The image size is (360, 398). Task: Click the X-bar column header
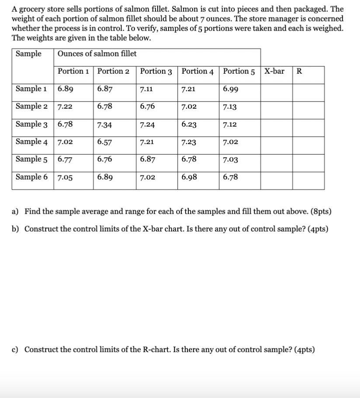coord(274,72)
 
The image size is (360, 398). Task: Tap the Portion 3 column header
coord(156,72)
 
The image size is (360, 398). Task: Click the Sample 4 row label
coord(31,142)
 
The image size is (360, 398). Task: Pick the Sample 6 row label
coord(31,177)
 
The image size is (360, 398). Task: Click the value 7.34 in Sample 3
coord(104,125)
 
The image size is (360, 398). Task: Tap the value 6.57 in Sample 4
coord(104,142)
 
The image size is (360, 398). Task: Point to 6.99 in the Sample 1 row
coord(231,89)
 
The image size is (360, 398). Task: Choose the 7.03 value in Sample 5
coord(231,160)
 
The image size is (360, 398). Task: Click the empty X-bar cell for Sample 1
coord(276,89)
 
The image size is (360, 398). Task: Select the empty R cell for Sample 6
coord(308,177)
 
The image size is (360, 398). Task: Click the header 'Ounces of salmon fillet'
coord(97,54)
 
